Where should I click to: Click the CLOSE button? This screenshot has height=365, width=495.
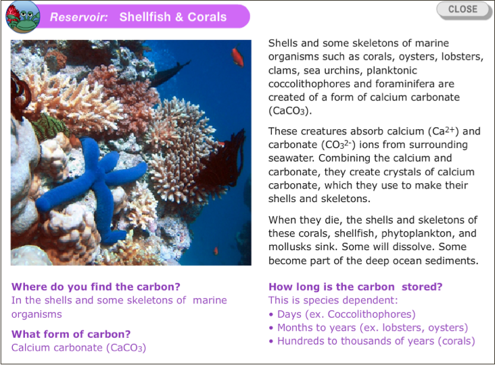[x=463, y=9]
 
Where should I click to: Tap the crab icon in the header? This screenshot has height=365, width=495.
[x=23, y=17]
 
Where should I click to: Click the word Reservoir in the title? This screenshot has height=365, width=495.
[x=79, y=17]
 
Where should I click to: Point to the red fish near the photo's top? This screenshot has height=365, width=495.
[x=237, y=56]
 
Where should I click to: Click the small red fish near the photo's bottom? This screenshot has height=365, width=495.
[x=216, y=251]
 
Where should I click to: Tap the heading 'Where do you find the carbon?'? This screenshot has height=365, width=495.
[x=95, y=287]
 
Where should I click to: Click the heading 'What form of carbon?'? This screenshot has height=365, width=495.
[x=71, y=334]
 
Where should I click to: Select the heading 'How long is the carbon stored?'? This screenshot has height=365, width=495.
[x=356, y=287]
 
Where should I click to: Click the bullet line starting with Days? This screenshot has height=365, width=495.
[x=342, y=314]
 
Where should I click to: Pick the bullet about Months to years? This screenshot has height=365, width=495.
[x=369, y=328]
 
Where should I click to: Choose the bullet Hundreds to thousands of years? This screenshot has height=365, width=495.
[x=372, y=341]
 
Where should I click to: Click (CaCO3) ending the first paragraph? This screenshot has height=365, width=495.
[x=290, y=111]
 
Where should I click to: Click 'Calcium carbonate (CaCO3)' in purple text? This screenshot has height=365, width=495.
[x=78, y=347]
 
